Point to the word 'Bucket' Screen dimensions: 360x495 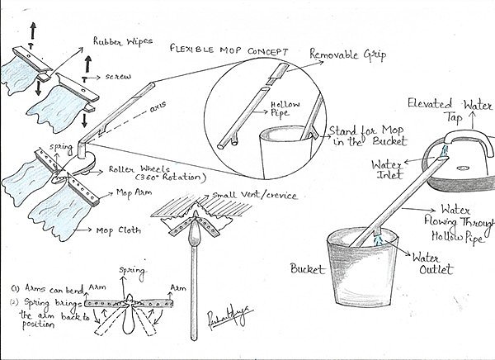tap(309, 268)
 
